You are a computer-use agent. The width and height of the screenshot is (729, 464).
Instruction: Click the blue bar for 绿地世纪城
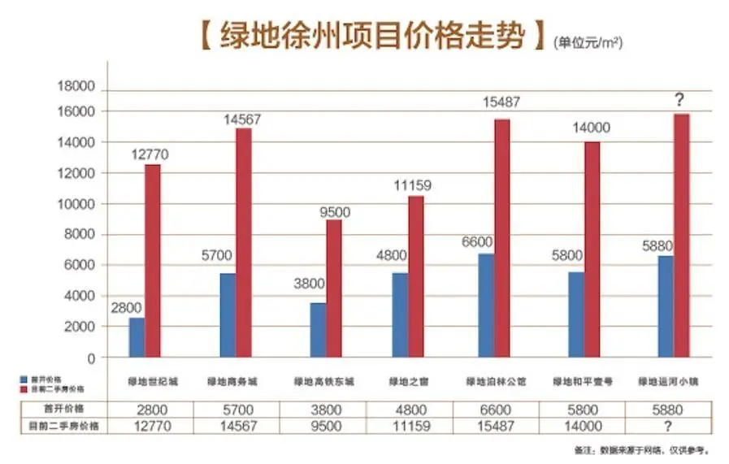coord(137,336)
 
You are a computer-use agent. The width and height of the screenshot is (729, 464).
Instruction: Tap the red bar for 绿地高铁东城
coord(334,288)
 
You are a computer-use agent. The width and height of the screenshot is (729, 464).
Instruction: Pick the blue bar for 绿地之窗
coord(400,314)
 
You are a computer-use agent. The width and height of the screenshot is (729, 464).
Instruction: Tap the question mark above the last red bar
coord(680,99)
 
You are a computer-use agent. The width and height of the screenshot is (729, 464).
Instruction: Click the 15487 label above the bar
coord(499,102)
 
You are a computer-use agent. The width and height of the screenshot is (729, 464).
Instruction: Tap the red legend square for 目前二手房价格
coord(24,387)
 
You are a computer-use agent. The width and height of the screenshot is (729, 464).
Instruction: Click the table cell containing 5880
coord(666,409)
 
